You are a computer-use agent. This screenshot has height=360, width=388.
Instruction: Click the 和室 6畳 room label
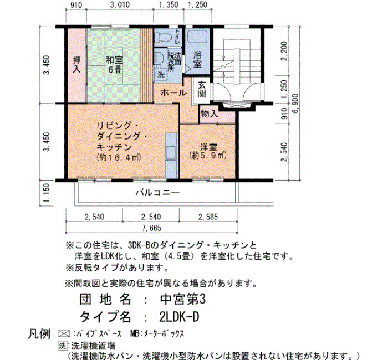point(114,65)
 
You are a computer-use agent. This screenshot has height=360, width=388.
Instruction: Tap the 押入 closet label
point(76,65)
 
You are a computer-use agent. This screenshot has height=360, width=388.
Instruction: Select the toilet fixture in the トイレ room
point(164,37)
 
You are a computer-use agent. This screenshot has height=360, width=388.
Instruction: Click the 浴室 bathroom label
point(197,60)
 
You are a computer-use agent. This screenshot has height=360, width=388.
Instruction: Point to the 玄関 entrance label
point(202,90)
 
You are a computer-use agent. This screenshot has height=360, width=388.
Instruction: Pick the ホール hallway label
point(173,93)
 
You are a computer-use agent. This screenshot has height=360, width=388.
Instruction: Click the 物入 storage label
point(210,114)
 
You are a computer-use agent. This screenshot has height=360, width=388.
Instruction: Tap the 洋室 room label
point(208,147)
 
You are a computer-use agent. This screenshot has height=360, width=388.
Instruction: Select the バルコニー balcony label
point(157,192)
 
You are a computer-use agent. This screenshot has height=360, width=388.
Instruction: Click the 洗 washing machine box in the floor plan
point(161,75)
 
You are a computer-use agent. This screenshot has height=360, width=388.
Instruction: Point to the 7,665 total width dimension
point(152,228)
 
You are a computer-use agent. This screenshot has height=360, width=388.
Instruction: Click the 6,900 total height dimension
point(295,104)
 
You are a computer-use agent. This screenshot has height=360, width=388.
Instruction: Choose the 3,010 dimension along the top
point(120,4)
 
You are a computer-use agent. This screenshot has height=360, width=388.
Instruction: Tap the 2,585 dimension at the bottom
point(208,217)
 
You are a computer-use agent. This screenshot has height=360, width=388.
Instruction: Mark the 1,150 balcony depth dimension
point(46,193)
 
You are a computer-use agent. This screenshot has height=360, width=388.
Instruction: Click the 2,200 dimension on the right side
point(284,51)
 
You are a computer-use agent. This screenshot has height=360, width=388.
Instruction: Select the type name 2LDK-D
point(179,317)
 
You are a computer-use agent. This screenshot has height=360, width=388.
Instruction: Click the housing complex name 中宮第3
point(183,300)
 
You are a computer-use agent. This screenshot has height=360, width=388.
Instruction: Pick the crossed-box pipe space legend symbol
point(64,333)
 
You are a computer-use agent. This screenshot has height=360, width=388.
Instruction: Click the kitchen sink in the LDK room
point(171,152)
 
